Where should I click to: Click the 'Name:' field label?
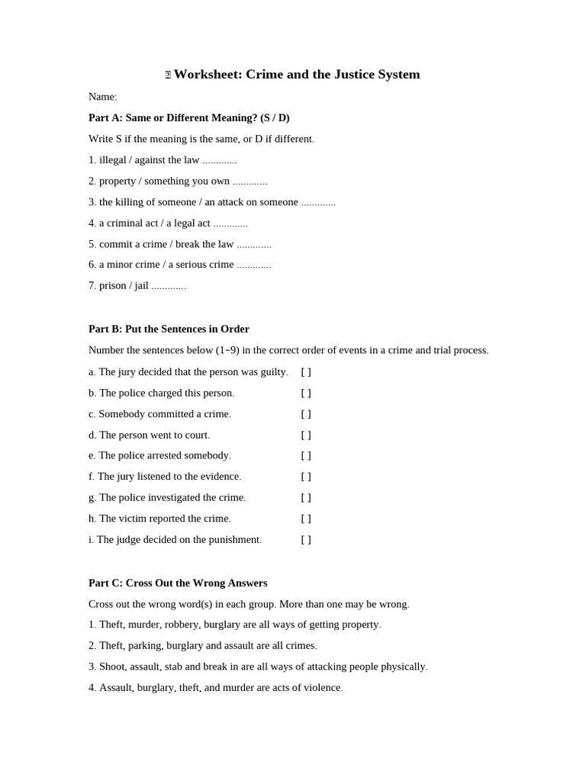pyautogui.click(x=102, y=97)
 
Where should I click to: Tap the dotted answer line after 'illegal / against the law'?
pyautogui.click(x=220, y=161)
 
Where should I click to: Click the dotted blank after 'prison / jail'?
pyautogui.click(x=169, y=287)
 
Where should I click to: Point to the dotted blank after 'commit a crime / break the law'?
pyautogui.click(x=254, y=245)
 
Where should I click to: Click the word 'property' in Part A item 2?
pyautogui.click(x=117, y=182)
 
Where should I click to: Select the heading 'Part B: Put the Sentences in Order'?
pyautogui.click(x=169, y=329)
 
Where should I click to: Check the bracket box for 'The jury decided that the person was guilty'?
pyautogui.click(x=306, y=372)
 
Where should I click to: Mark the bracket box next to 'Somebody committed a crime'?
pyautogui.click(x=306, y=414)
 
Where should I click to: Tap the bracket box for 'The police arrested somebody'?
pyautogui.click(x=306, y=456)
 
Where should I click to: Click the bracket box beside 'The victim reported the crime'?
pyautogui.click(x=306, y=519)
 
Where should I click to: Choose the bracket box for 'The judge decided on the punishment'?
pyautogui.click(x=306, y=540)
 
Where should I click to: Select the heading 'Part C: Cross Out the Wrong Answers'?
pyautogui.click(x=178, y=583)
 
